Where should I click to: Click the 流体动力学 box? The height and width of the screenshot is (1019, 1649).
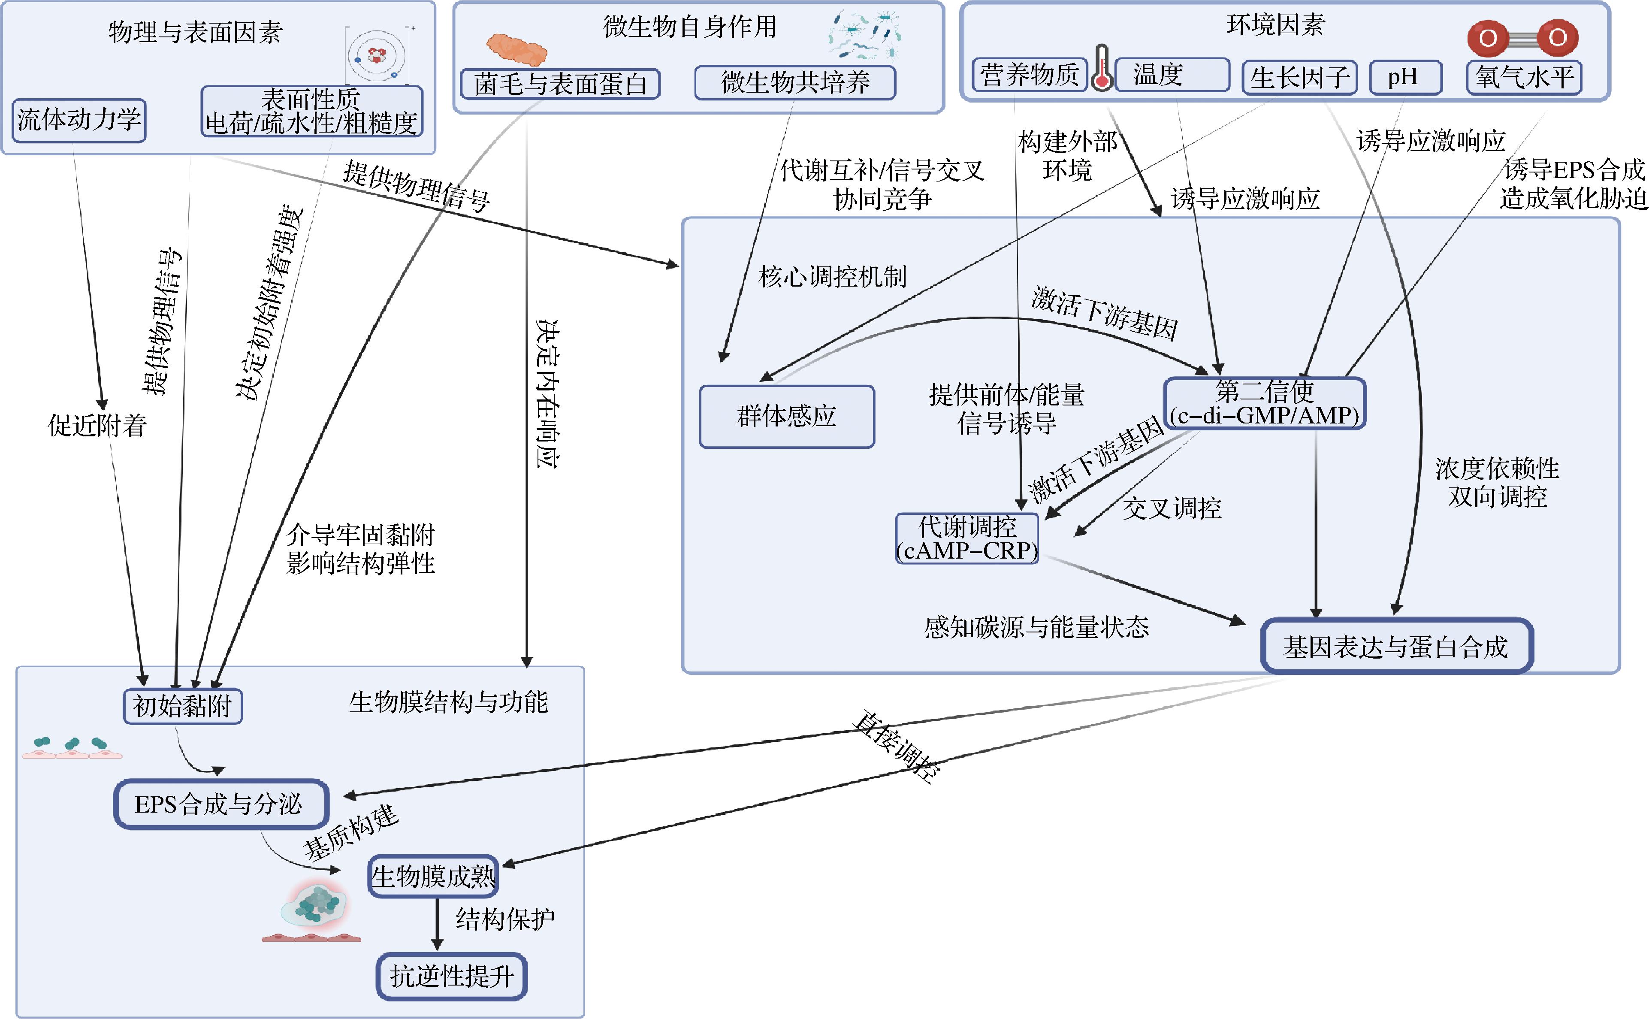[x=79, y=120]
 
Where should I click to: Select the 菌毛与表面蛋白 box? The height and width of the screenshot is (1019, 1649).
[x=560, y=84]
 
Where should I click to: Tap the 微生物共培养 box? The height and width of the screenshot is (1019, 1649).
[x=795, y=82]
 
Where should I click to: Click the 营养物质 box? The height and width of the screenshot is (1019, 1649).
[x=1029, y=74]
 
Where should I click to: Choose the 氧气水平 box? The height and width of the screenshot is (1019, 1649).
[x=1524, y=77]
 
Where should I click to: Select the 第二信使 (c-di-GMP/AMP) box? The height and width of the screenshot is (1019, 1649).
[x=1265, y=403]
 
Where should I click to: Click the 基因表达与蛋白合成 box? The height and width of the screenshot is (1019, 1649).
[x=1396, y=646]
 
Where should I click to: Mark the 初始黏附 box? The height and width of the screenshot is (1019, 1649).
[x=183, y=706]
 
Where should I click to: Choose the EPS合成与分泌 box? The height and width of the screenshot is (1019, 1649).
[x=221, y=804]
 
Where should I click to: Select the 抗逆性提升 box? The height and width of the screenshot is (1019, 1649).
[x=451, y=976]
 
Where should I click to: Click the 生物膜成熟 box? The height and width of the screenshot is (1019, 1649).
[x=432, y=876]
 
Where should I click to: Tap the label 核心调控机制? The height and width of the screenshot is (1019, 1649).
[x=833, y=276]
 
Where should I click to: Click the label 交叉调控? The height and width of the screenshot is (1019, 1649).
[x=1172, y=508]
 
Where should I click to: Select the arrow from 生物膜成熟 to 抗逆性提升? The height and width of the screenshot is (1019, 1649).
[x=437, y=924]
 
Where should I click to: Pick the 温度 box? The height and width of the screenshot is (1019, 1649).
[x=1172, y=74]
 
